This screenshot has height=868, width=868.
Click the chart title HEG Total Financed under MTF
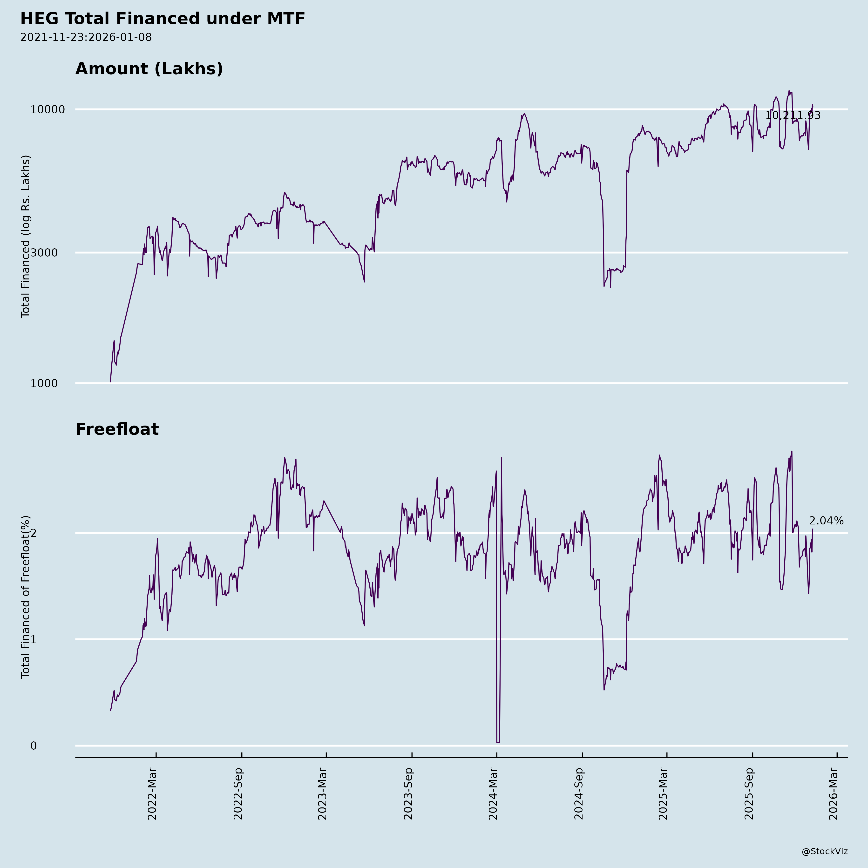(x=163, y=19)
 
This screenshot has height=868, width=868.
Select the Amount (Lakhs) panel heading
(x=149, y=69)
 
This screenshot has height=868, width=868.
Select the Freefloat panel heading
(x=117, y=429)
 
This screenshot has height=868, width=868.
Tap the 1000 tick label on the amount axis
(x=44, y=383)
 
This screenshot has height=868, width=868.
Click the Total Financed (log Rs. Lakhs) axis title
(x=26, y=236)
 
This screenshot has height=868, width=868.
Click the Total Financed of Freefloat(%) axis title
(x=26, y=597)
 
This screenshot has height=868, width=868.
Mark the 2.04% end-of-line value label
(x=826, y=521)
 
